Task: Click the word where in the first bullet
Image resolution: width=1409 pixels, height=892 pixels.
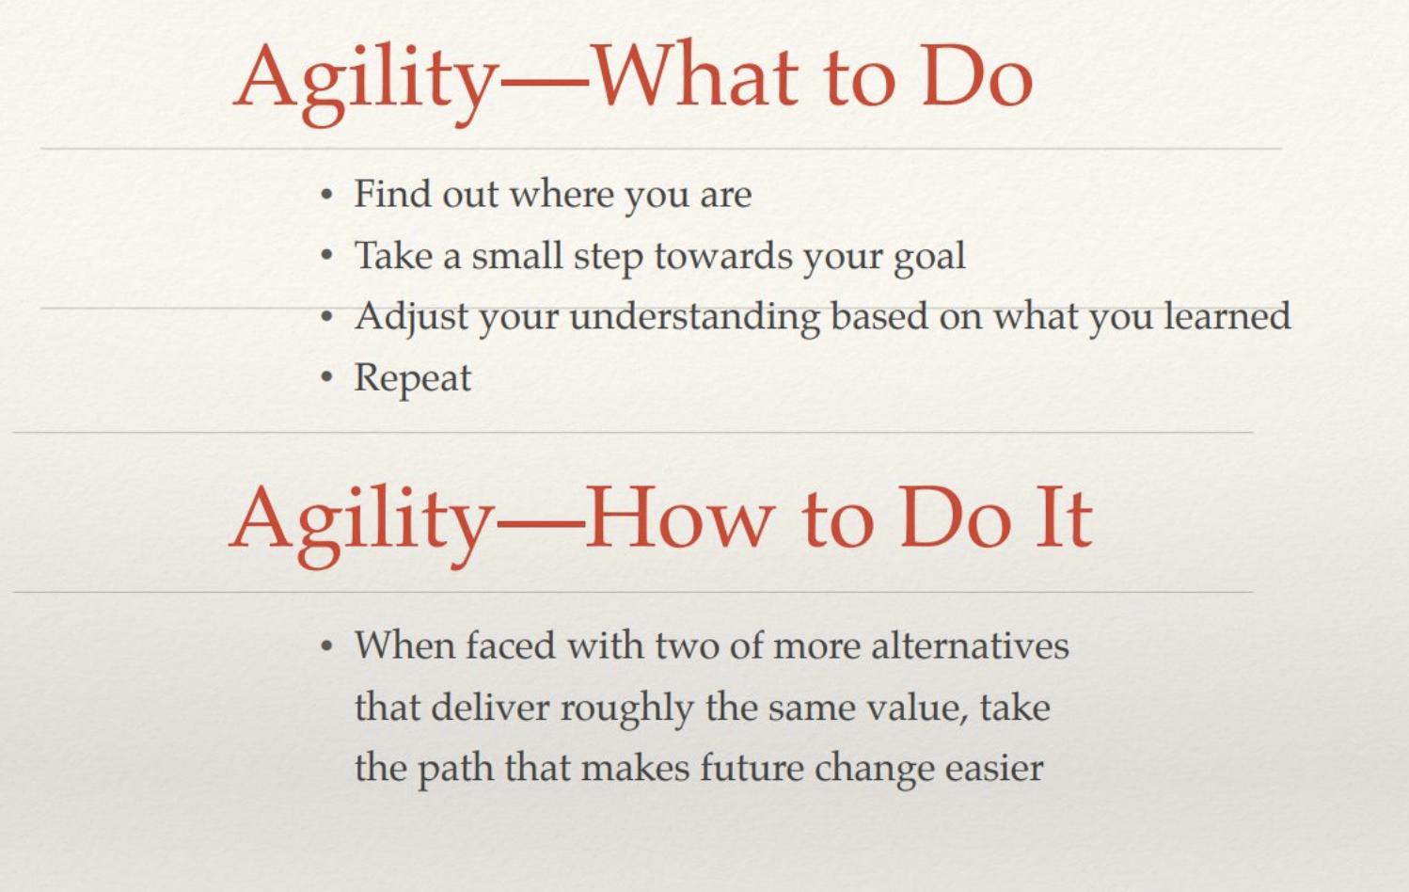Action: click(562, 193)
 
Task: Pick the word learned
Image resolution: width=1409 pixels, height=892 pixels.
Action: click(1227, 316)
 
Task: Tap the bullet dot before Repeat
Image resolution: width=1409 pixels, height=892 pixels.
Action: click(325, 378)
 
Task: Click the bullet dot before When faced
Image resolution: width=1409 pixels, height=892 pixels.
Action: click(325, 646)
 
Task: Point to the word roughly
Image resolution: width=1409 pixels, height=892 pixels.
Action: click(626, 709)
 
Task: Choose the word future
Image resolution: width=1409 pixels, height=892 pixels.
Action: click(752, 768)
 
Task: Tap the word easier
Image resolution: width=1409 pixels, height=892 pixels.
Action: click(994, 768)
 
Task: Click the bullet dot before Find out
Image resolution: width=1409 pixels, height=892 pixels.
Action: click(325, 195)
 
